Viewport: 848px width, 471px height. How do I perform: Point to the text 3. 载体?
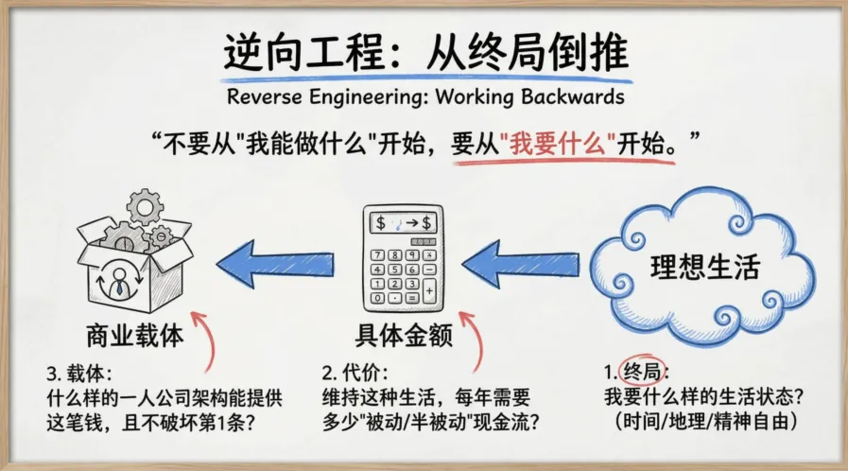tap(79, 372)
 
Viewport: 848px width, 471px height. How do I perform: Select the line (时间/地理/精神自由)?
tap(705, 418)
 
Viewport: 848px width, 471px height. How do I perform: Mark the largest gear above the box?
tap(145, 205)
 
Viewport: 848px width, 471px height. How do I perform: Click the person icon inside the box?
tap(121, 278)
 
